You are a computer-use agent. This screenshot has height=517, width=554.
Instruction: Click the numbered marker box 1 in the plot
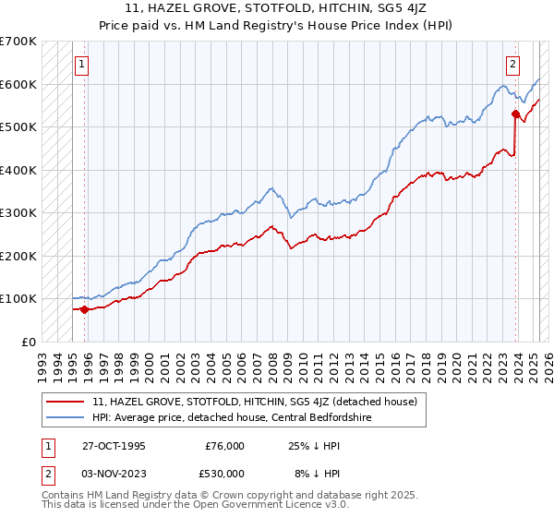click(x=82, y=65)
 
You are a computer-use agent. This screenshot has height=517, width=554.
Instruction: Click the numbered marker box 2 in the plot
click(x=512, y=65)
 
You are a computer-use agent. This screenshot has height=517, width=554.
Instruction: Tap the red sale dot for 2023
click(x=515, y=114)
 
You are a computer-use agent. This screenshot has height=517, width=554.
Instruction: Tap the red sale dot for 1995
click(x=84, y=309)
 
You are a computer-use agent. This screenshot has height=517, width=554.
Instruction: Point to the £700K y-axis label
click(x=18, y=42)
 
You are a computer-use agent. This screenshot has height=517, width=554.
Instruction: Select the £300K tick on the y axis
click(x=18, y=212)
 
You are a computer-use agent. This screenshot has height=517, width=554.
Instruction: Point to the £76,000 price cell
click(x=224, y=446)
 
